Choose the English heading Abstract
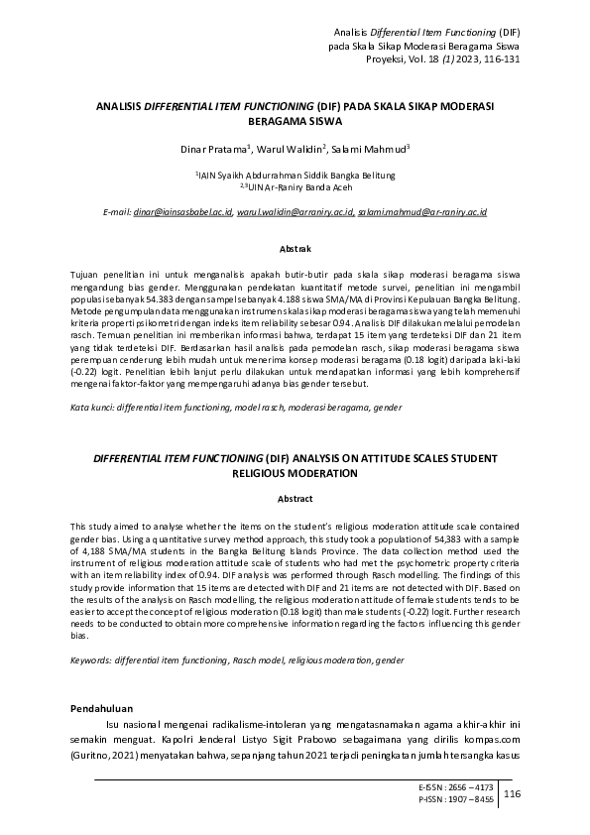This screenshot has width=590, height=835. (295, 498)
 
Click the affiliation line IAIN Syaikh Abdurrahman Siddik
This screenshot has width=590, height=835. (295, 174)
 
